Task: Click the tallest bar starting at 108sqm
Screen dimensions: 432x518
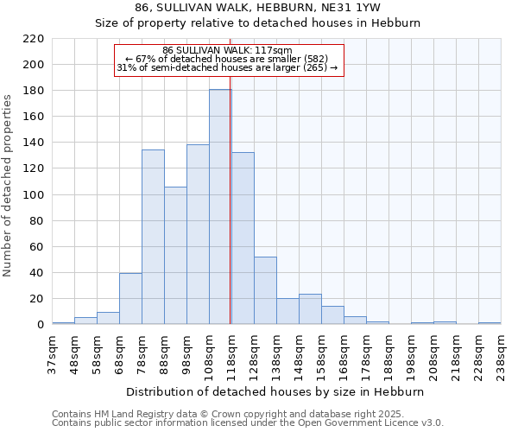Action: [220, 207]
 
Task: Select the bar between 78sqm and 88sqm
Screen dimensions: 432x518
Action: [153, 238]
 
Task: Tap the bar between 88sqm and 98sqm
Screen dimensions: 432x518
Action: [175, 256]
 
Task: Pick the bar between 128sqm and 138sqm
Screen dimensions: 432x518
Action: [265, 290]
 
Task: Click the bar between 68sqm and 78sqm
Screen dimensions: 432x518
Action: [130, 299]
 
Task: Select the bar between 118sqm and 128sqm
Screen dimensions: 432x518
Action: [243, 238]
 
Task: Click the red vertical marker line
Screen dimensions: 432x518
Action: [231, 216]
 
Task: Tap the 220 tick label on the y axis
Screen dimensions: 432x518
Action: [34, 39]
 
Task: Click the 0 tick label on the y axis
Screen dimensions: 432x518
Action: [41, 325]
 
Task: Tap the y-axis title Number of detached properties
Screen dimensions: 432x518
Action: [9, 187]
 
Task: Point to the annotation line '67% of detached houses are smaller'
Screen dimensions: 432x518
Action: [229, 59]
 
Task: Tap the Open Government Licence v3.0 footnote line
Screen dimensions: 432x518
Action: [248, 423]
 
